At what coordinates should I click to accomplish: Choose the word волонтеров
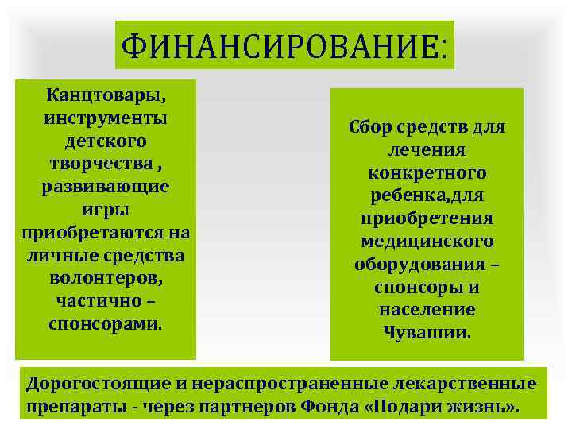coord(104,280)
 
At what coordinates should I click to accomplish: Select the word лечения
coord(427,151)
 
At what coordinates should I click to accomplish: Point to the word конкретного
coord(427,173)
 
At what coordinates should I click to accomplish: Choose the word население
coord(427,310)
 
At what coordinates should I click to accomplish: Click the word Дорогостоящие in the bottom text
coord(98,385)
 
